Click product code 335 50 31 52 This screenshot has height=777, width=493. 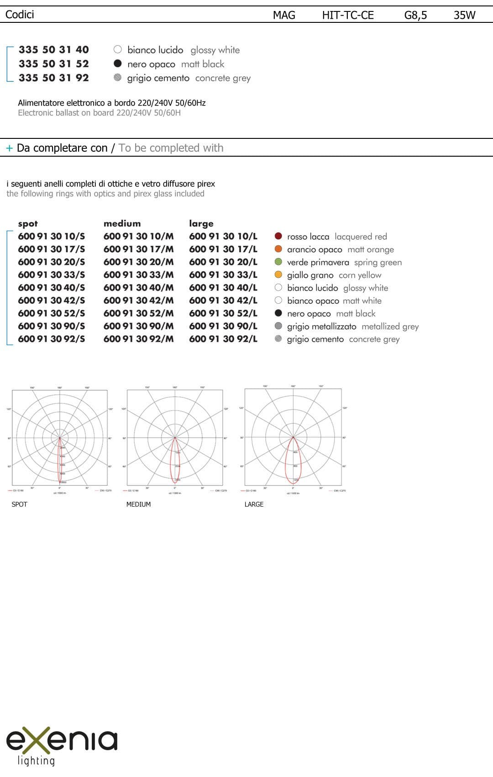pyautogui.click(x=53, y=64)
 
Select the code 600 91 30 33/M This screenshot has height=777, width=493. pyautogui.click(x=138, y=275)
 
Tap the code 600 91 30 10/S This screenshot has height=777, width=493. pyautogui.click(x=51, y=237)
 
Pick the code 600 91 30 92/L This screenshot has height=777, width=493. pyautogui.click(x=223, y=339)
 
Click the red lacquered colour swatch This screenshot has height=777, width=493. pyautogui.click(x=278, y=236)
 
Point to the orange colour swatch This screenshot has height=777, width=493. pyautogui.click(x=278, y=249)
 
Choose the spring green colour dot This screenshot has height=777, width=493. pyautogui.click(x=278, y=262)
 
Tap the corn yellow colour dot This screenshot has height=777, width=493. pyautogui.click(x=278, y=275)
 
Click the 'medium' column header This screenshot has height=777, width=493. pyautogui.click(x=122, y=223)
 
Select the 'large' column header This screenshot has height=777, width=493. pyautogui.click(x=201, y=223)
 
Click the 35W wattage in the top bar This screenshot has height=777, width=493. pyautogui.click(x=464, y=15)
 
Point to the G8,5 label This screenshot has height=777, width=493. pyautogui.click(x=415, y=15)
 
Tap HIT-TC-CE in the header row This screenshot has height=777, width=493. pyautogui.click(x=348, y=15)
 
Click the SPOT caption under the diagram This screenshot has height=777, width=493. pyautogui.click(x=19, y=504)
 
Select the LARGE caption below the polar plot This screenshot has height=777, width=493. pyautogui.click(x=254, y=504)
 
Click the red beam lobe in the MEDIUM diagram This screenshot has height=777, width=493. pyautogui.click(x=175, y=461)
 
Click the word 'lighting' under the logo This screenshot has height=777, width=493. pyautogui.click(x=36, y=761)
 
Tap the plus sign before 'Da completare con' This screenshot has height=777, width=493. pyautogui.click(x=9, y=148)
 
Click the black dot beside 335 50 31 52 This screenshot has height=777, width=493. pyautogui.click(x=118, y=63)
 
